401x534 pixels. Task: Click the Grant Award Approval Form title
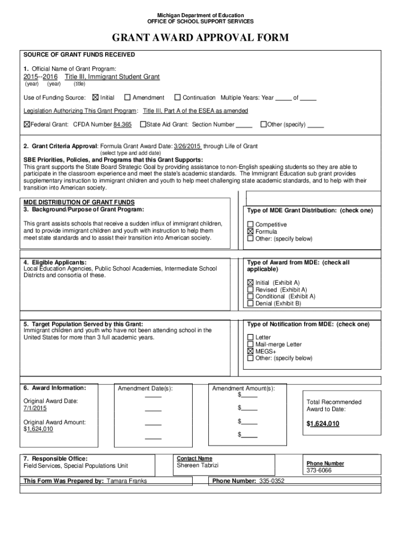click(200, 39)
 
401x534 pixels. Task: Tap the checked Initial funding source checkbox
click(95, 98)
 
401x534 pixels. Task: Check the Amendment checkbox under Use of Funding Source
click(127, 98)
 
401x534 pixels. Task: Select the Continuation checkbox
click(178, 98)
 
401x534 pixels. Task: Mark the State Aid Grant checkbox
click(143, 125)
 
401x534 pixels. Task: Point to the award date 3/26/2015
click(187, 146)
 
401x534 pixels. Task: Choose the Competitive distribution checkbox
click(250, 225)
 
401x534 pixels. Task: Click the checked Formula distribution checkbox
click(250, 232)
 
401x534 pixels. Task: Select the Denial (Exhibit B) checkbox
click(250, 304)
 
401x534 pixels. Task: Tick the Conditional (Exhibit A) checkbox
click(250, 296)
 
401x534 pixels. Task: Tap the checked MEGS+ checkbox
click(250, 351)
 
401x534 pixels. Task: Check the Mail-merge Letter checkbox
click(250, 345)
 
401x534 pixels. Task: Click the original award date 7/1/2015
click(32, 408)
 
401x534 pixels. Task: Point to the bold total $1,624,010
click(323, 424)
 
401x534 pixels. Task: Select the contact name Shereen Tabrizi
click(198, 465)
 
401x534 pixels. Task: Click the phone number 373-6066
click(319, 470)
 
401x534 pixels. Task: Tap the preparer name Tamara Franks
click(127, 481)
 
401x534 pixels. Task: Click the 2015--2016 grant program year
click(41, 77)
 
